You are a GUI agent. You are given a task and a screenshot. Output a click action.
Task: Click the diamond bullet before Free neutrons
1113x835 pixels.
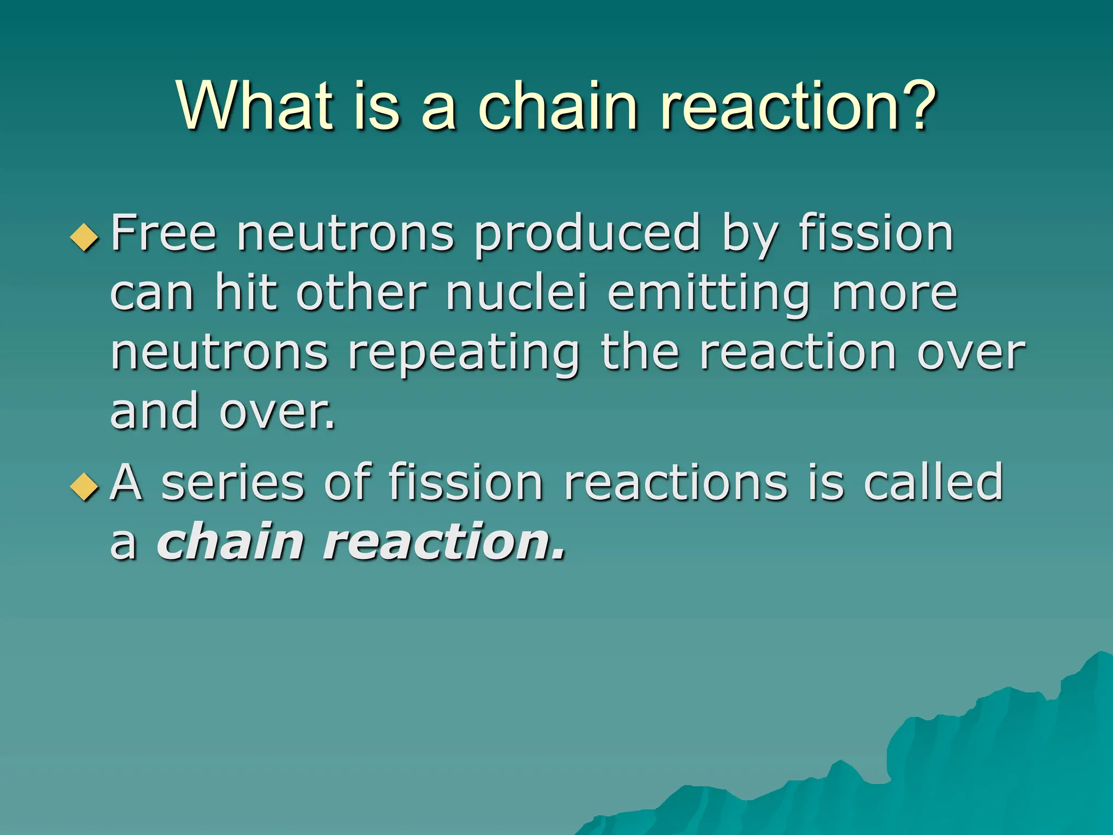point(85,237)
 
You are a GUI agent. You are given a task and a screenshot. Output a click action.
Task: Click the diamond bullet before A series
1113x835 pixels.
point(85,485)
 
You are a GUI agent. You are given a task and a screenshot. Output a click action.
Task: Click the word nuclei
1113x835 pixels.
point(516,294)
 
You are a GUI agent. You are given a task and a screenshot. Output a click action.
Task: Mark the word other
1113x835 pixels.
point(361,294)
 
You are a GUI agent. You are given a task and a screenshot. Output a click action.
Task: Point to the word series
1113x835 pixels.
point(233,483)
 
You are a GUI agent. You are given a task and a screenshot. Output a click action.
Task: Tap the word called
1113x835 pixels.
point(933,482)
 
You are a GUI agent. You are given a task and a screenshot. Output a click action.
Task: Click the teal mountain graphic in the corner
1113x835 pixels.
point(978,761)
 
